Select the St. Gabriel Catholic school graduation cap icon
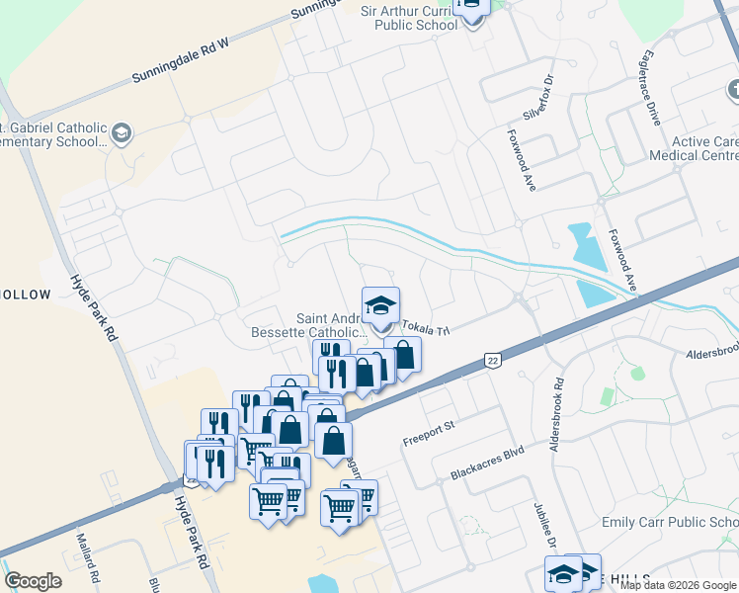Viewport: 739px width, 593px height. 122,132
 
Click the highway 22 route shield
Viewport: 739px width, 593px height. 492,362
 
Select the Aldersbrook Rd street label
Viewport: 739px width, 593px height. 559,411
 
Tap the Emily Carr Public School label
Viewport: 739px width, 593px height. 670,522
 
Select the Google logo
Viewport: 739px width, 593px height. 33,580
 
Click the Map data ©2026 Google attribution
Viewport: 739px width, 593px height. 678,585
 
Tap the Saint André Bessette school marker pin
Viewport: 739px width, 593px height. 380,303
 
